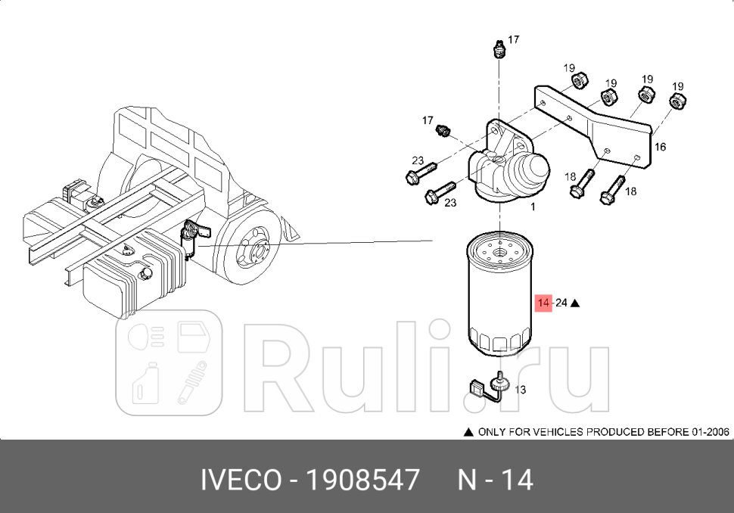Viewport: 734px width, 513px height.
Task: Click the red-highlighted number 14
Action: pos(543,303)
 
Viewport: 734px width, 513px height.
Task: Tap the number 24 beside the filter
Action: pos(561,303)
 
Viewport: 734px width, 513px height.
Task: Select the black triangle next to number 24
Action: pos(575,303)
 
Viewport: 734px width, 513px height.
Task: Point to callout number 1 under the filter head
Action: pos(533,206)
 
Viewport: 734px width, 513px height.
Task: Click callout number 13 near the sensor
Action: pos(521,390)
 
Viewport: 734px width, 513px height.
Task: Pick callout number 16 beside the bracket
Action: pos(660,147)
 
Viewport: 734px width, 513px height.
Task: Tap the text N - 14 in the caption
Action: pos(496,480)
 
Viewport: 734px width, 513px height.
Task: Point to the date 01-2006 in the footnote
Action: pos(710,432)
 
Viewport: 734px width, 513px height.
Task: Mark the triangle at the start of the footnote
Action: pos(468,432)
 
